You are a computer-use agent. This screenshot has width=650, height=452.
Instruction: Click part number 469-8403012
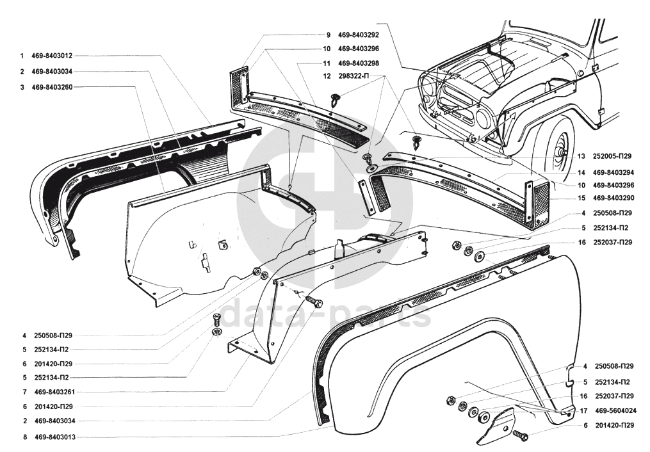click(x=52, y=56)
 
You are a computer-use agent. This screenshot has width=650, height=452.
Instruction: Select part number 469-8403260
click(x=52, y=88)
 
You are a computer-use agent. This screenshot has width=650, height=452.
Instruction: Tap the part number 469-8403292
click(x=359, y=35)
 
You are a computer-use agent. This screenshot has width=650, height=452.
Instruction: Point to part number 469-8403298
click(x=359, y=63)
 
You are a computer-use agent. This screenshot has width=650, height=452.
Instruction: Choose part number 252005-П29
click(x=612, y=156)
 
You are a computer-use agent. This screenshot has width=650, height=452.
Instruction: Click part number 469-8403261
click(x=54, y=392)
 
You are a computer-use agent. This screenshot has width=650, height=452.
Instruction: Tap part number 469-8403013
click(x=54, y=437)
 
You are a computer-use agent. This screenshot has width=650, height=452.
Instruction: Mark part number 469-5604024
click(x=616, y=411)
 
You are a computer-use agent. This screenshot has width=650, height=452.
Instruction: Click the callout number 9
click(x=329, y=35)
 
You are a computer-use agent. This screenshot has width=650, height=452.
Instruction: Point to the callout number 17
click(x=583, y=411)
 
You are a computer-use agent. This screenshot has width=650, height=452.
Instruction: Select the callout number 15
click(x=582, y=198)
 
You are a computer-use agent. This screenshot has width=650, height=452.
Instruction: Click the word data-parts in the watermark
click(x=326, y=314)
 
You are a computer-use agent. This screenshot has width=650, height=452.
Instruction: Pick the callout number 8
click(x=25, y=437)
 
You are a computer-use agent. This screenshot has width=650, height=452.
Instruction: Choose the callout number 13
click(x=582, y=156)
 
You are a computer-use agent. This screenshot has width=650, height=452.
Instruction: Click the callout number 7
click(x=25, y=392)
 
